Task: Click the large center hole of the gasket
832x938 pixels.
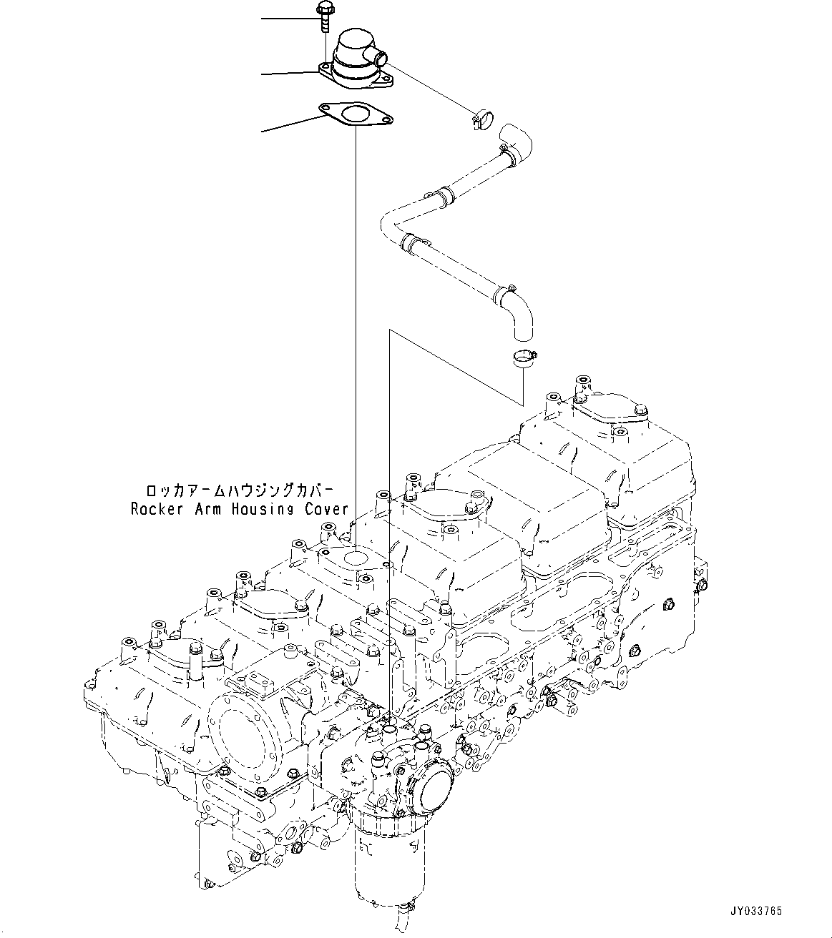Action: [x=353, y=114]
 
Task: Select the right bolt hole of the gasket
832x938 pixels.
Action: [x=385, y=122]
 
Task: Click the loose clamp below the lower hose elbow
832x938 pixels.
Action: [x=525, y=357]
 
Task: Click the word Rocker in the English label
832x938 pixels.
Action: [x=152, y=509]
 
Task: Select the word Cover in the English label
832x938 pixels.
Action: [x=328, y=509]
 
